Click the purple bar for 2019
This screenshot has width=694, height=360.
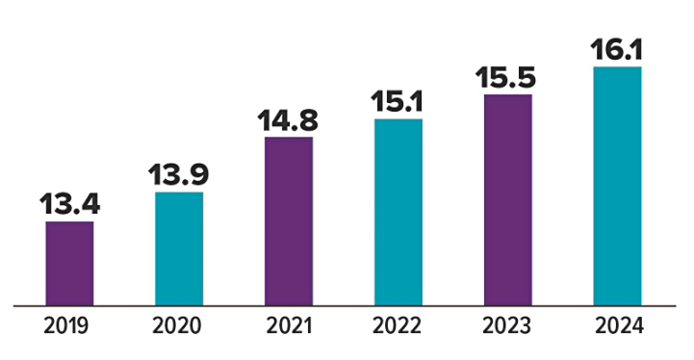point(69,264)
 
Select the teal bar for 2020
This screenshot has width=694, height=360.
point(179,248)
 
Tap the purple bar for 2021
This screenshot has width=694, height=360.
point(288,221)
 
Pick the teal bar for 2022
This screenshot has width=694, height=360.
point(398,212)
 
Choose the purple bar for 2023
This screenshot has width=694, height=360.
point(507,200)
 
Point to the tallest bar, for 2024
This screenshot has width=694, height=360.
point(617,186)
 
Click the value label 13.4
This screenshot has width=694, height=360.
point(69,205)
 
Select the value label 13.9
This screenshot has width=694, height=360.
point(179,175)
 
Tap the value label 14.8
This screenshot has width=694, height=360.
point(288,121)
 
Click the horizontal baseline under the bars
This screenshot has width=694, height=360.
point(347,306)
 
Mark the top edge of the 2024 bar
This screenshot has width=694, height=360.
point(617,67)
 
